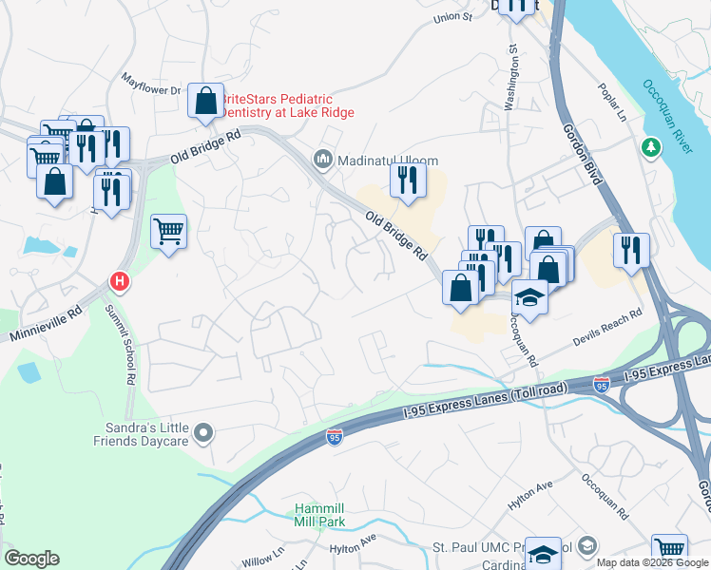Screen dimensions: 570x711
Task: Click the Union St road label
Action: tap(452, 17)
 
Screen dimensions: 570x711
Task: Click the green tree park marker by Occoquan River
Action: tap(651, 147)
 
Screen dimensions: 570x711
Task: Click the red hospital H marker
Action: tap(119, 281)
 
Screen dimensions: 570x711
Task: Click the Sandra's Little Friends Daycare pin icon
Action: tap(202, 434)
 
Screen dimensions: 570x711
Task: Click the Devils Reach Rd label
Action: tap(606, 326)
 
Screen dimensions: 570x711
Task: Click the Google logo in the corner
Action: tap(31, 559)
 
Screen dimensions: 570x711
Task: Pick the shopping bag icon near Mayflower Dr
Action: tap(205, 99)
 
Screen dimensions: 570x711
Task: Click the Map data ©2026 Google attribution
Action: tap(652, 562)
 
